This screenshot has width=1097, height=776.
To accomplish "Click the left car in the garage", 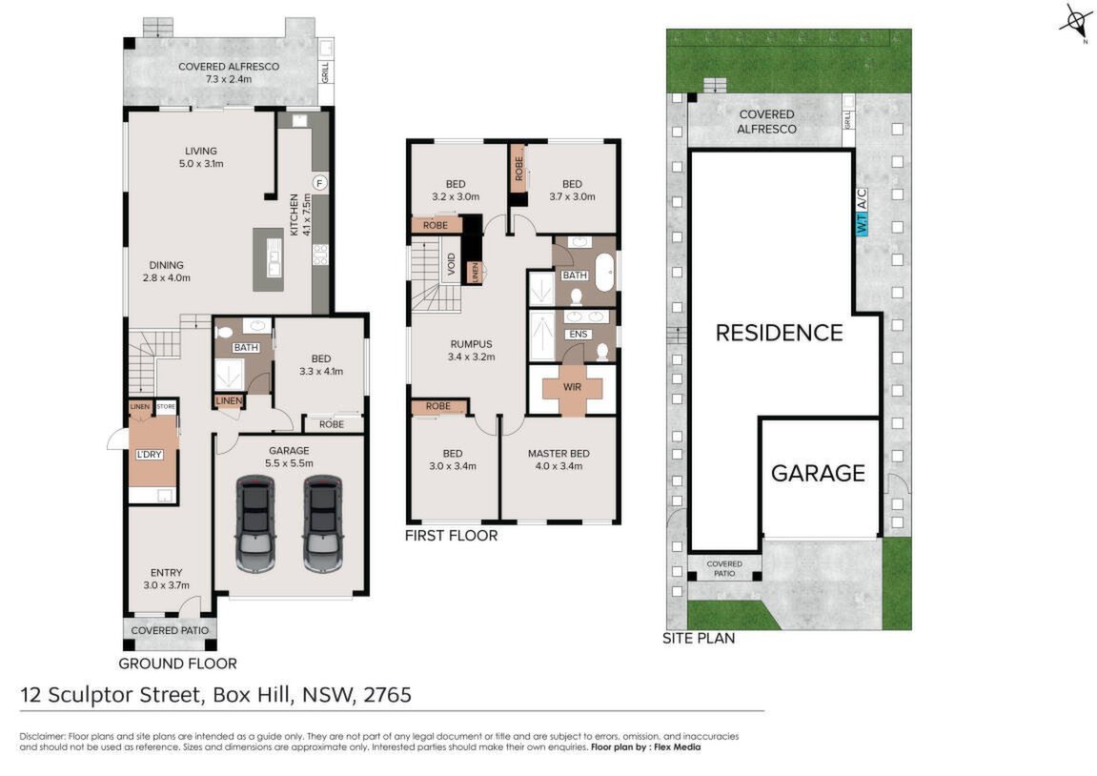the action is pos(255,523).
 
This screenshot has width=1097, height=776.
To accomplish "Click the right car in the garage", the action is pos(323,523).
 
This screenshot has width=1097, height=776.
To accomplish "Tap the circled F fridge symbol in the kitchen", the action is pos(319,183).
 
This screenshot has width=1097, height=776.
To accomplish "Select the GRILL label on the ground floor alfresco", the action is pos(325,72).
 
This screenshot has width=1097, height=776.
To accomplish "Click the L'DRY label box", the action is pos(149,454).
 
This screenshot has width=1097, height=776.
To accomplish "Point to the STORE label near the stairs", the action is pos(166,406).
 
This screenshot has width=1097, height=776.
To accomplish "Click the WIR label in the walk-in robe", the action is pos(572,386).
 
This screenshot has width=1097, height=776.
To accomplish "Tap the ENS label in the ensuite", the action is pos(579,335).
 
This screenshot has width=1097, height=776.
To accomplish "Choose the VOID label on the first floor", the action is pos(451,263).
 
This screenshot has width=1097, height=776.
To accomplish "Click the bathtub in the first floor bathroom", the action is pos(604,273).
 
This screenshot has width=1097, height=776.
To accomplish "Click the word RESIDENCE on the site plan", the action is pos(779,333).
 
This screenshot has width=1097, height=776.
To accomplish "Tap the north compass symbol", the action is pos(1075,22).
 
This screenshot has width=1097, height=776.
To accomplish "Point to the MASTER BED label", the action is pos(559,454).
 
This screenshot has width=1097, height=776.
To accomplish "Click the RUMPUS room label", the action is pos(471,344).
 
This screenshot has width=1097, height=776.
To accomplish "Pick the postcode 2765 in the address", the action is pos(387,695).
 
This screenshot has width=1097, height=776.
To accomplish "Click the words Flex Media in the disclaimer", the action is pos(678,747).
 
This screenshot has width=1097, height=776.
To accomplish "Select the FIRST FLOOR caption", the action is pos(451,536).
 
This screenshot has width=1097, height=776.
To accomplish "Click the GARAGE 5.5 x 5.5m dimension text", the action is pos(289,463).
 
